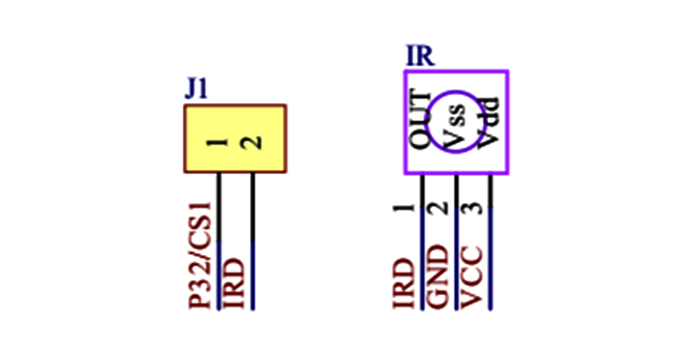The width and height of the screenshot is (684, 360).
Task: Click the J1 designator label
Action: click(x=197, y=89)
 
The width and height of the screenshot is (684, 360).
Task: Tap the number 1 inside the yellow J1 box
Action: click(x=217, y=142)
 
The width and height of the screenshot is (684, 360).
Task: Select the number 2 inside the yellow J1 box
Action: click(x=252, y=143)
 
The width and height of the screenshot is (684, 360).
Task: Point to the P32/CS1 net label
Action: click(x=202, y=255)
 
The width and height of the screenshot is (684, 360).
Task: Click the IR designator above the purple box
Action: click(x=420, y=56)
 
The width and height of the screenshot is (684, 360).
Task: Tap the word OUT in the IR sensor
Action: click(x=420, y=120)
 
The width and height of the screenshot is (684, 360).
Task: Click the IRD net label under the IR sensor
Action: click(x=405, y=285)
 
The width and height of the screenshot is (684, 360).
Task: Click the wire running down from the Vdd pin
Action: click(x=491, y=245)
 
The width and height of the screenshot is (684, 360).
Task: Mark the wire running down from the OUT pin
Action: click(x=422, y=245)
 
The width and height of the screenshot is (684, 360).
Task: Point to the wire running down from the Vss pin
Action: click(x=456, y=245)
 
